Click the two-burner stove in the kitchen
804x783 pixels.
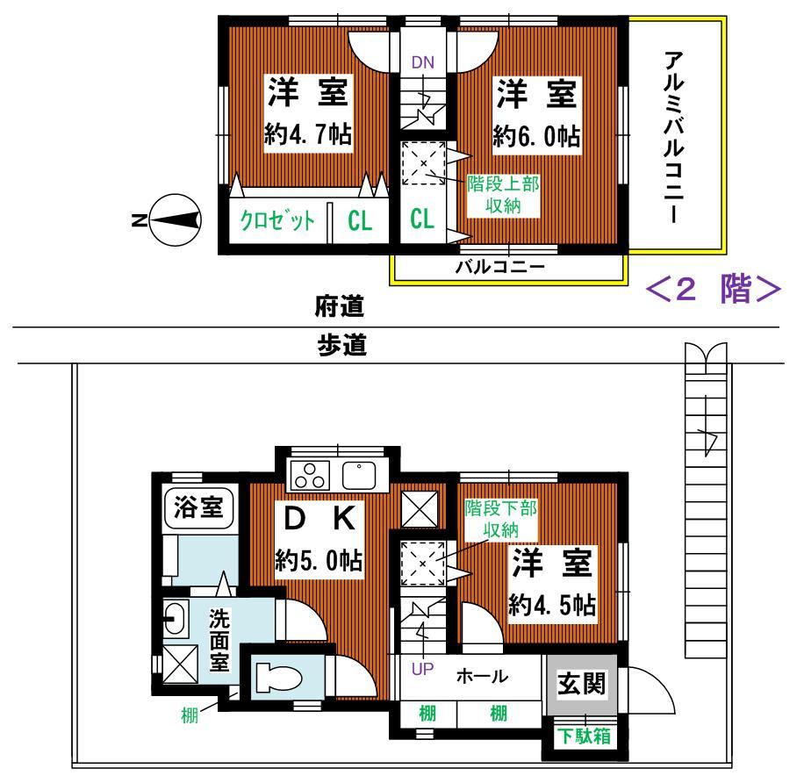pos(310,476)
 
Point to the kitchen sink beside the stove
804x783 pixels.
pos(360,474)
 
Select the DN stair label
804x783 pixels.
pos(424,61)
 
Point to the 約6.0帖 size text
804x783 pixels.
pos(538,136)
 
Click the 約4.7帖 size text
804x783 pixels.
pos(308,135)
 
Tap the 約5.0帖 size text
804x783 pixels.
pos(319,560)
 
